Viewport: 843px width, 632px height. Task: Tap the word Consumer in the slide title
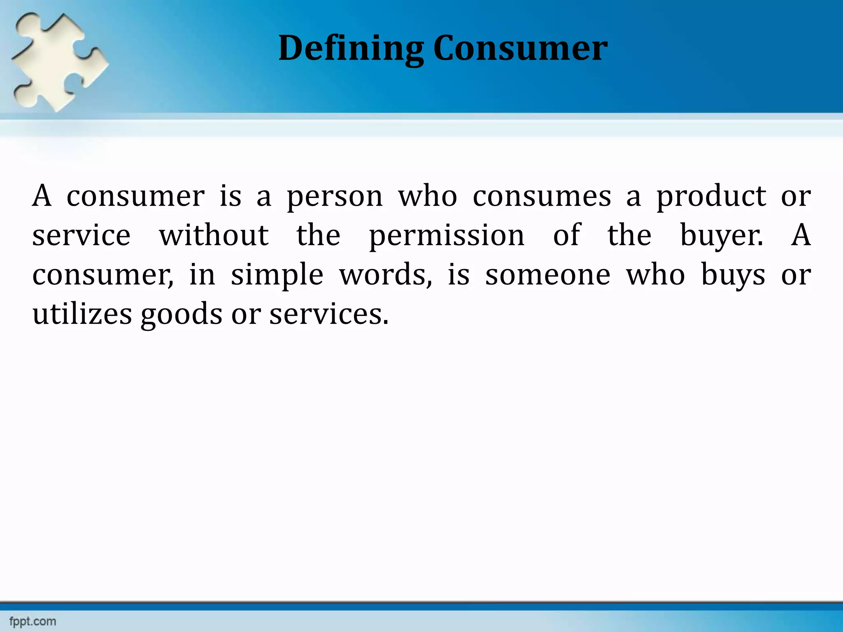[520, 49]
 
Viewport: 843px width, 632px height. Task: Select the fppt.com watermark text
[33, 621]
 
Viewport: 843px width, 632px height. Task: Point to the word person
[335, 197]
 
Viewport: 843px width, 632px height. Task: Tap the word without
[214, 235]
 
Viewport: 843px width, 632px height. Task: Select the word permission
[447, 236]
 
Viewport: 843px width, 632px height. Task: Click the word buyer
[721, 236]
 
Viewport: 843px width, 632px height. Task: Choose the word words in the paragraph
[385, 275]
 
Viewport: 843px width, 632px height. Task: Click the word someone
[547, 275]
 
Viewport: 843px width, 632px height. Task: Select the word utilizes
[82, 314]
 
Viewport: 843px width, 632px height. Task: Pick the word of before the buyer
[566, 235]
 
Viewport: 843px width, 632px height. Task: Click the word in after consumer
[202, 275]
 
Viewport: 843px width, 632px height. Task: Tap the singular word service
[82, 235]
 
